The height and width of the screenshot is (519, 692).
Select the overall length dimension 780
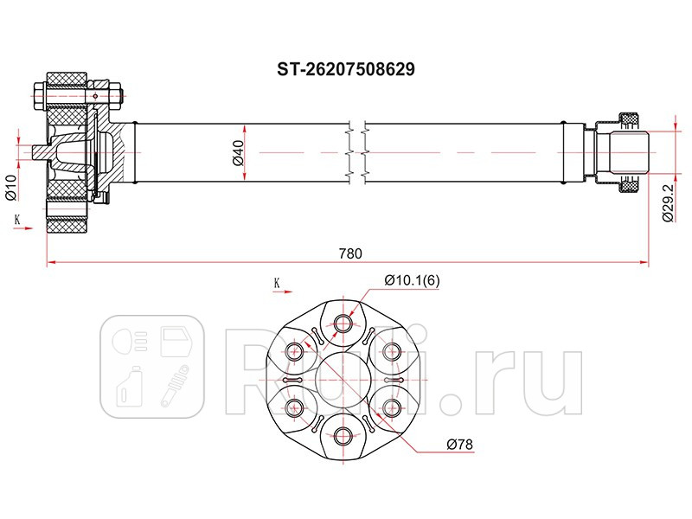pos(349,253)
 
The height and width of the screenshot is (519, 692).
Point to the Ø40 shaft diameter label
pos(235,154)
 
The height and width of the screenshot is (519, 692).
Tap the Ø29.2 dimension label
pos(667,204)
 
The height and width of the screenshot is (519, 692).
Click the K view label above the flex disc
pos(277,282)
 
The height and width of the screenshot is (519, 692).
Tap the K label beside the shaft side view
pos(16,220)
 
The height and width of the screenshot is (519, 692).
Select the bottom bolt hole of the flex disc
pos(343,435)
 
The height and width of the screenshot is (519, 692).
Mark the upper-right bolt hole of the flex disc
pos(391,351)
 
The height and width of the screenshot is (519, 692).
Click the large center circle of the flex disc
pos(343,380)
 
